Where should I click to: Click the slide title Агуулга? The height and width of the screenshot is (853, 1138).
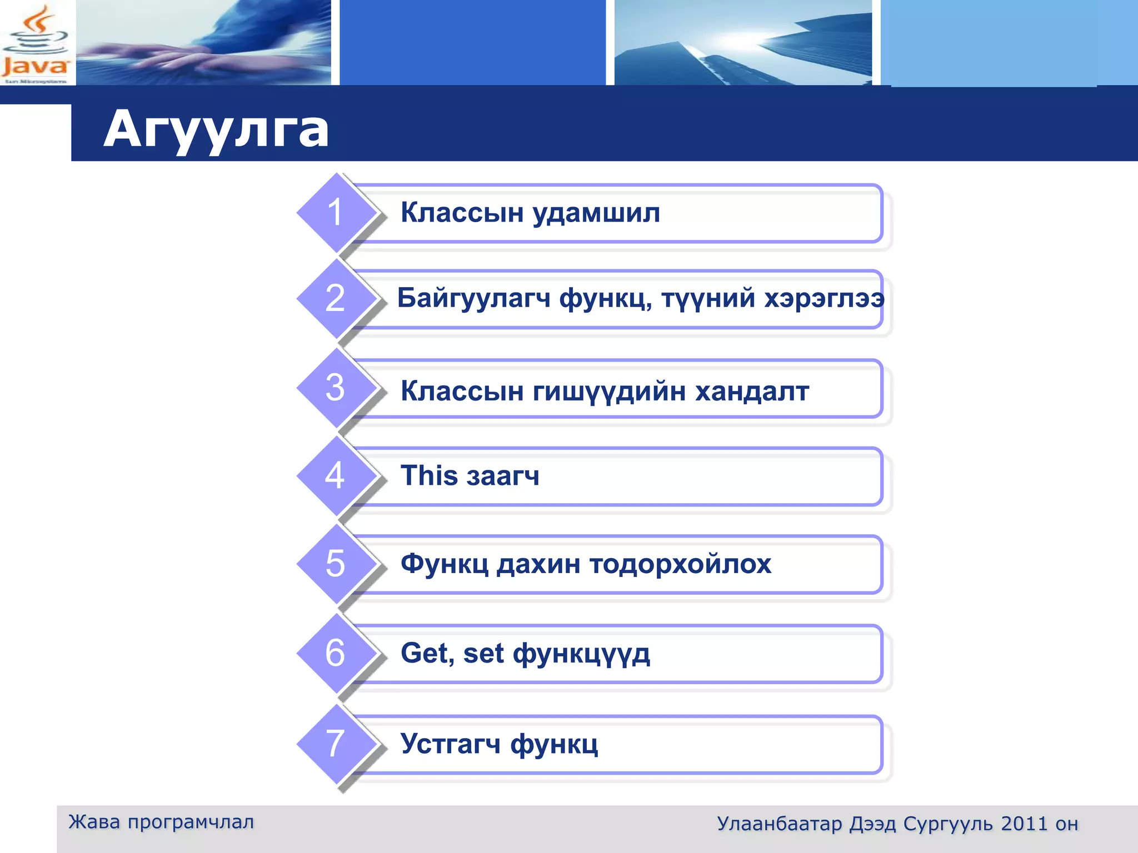[x=216, y=129]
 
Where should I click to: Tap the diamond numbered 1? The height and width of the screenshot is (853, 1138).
[x=336, y=213]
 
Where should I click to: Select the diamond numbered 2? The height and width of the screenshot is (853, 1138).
[x=336, y=299]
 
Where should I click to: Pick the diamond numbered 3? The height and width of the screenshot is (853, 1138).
[x=336, y=388]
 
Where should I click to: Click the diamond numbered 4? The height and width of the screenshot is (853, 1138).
[x=336, y=476]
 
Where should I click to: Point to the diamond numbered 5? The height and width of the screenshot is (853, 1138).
[x=336, y=564]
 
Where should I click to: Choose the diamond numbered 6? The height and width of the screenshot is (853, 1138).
[x=336, y=653]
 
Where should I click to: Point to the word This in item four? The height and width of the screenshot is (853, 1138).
[x=429, y=476]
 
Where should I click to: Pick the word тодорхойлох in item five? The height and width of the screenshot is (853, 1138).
[x=680, y=565]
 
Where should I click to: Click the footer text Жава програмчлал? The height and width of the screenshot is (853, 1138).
[x=161, y=822]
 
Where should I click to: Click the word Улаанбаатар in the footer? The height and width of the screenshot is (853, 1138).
[x=779, y=824]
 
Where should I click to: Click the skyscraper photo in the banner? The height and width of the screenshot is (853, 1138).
[x=743, y=43]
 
